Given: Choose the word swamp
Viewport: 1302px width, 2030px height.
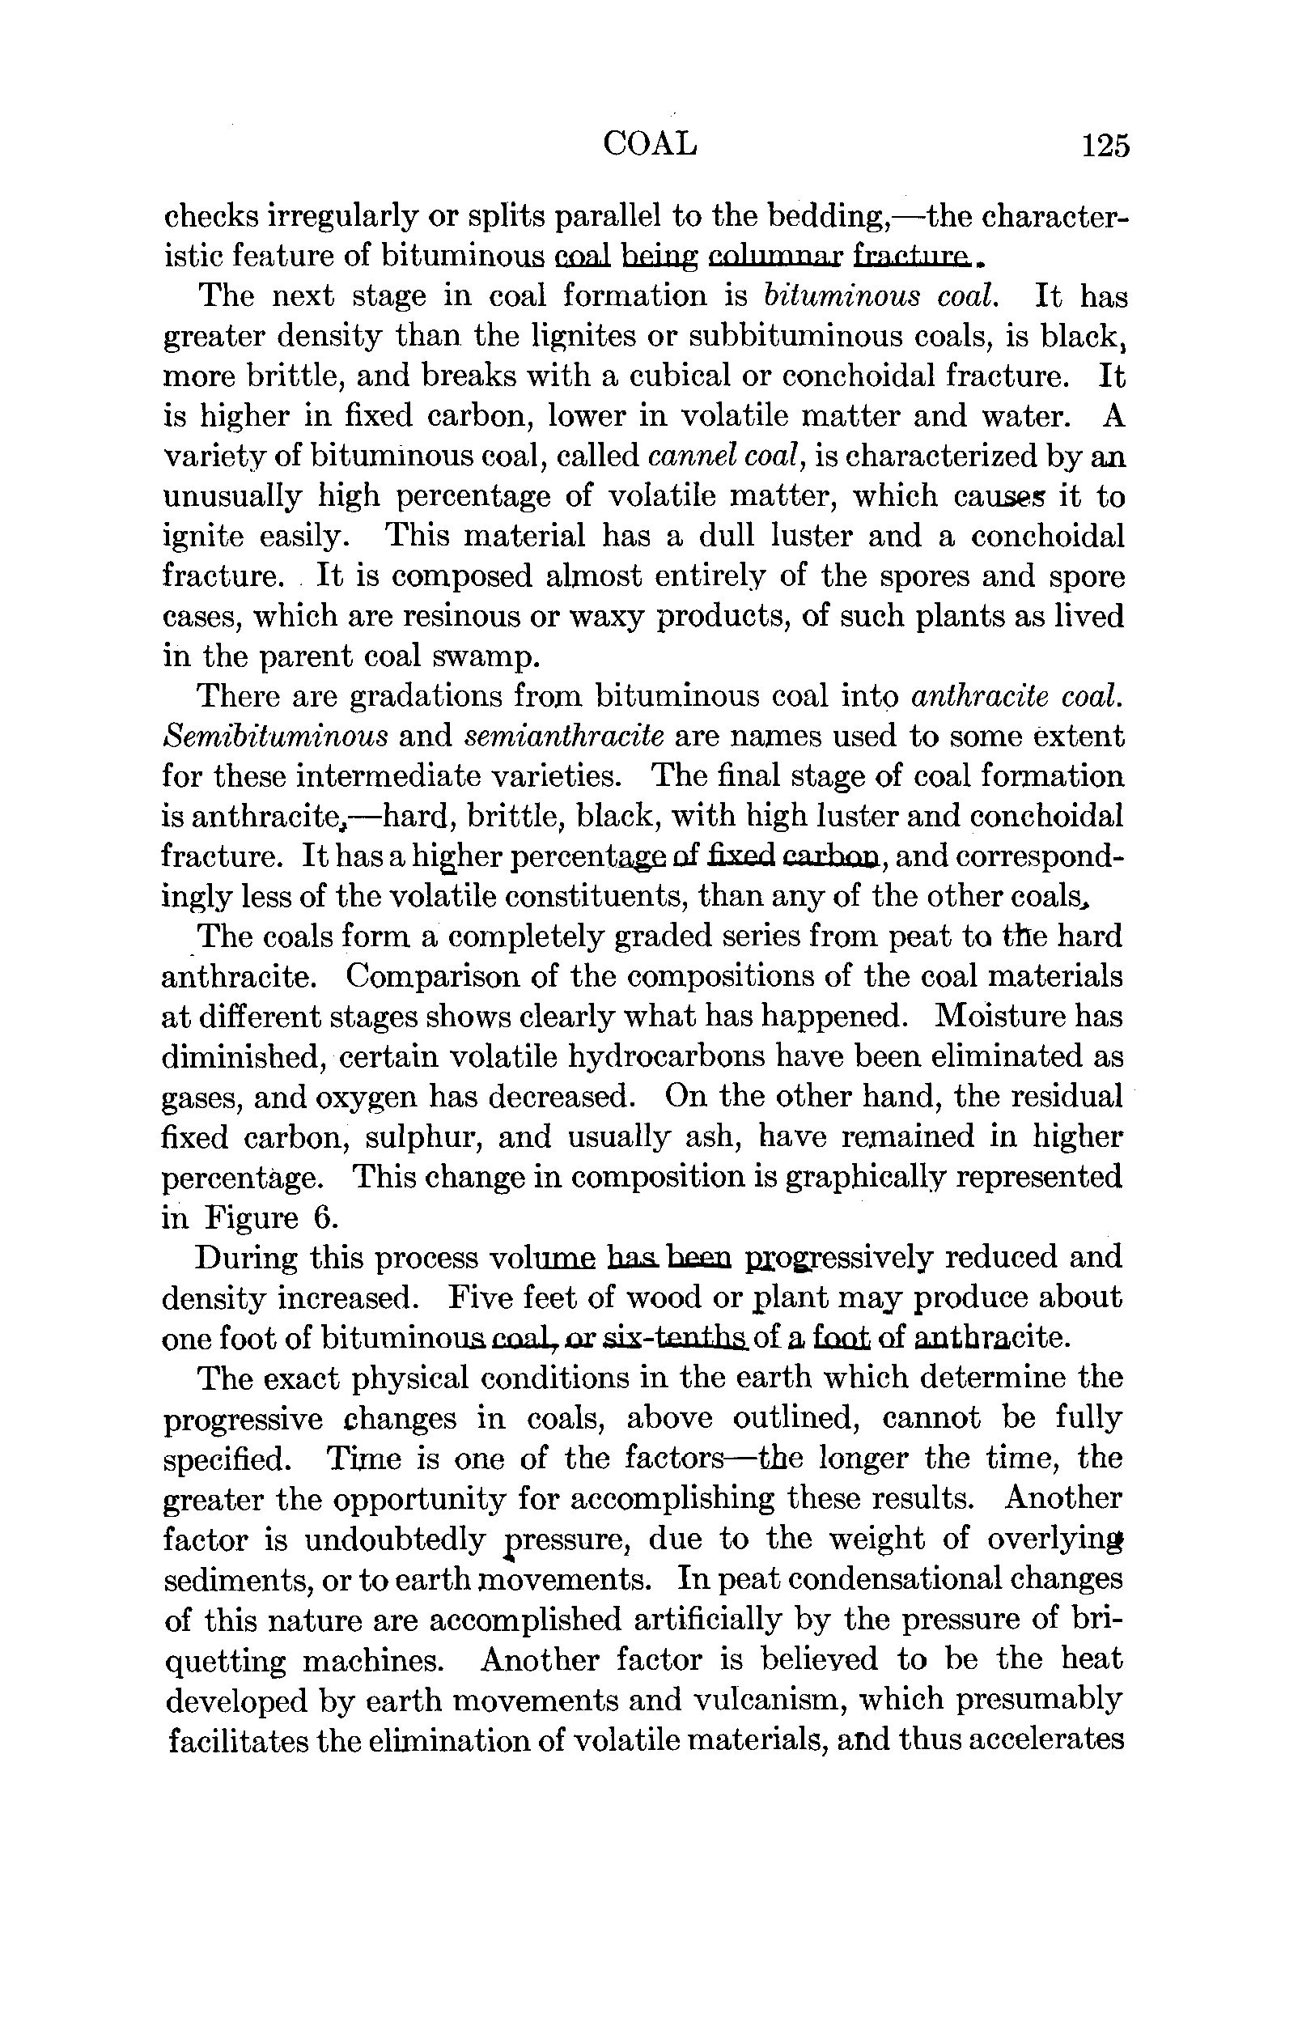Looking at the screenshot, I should click(x=485, y=657).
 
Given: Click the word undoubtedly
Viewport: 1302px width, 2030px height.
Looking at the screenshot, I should click(x=394, y=1539).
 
